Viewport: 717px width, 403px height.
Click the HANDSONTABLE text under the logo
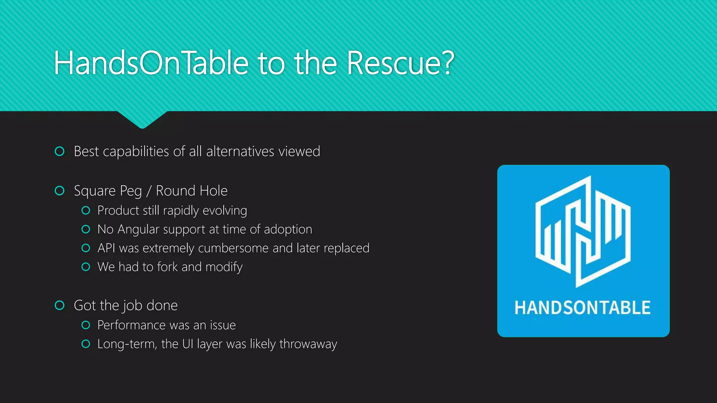[x=583, y=308]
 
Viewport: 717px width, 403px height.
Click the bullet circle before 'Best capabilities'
[x=60, y=151]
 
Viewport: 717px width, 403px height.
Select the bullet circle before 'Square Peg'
[x=60, y=191]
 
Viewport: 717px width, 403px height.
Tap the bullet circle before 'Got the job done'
[x=60, y=305]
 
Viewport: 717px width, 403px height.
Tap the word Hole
[x=214, y=191]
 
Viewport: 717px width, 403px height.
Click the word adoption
[x=288, y=229]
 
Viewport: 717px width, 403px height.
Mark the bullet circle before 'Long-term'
[x=86, y=344]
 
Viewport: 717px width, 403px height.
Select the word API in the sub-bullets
[x=106, y=248]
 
